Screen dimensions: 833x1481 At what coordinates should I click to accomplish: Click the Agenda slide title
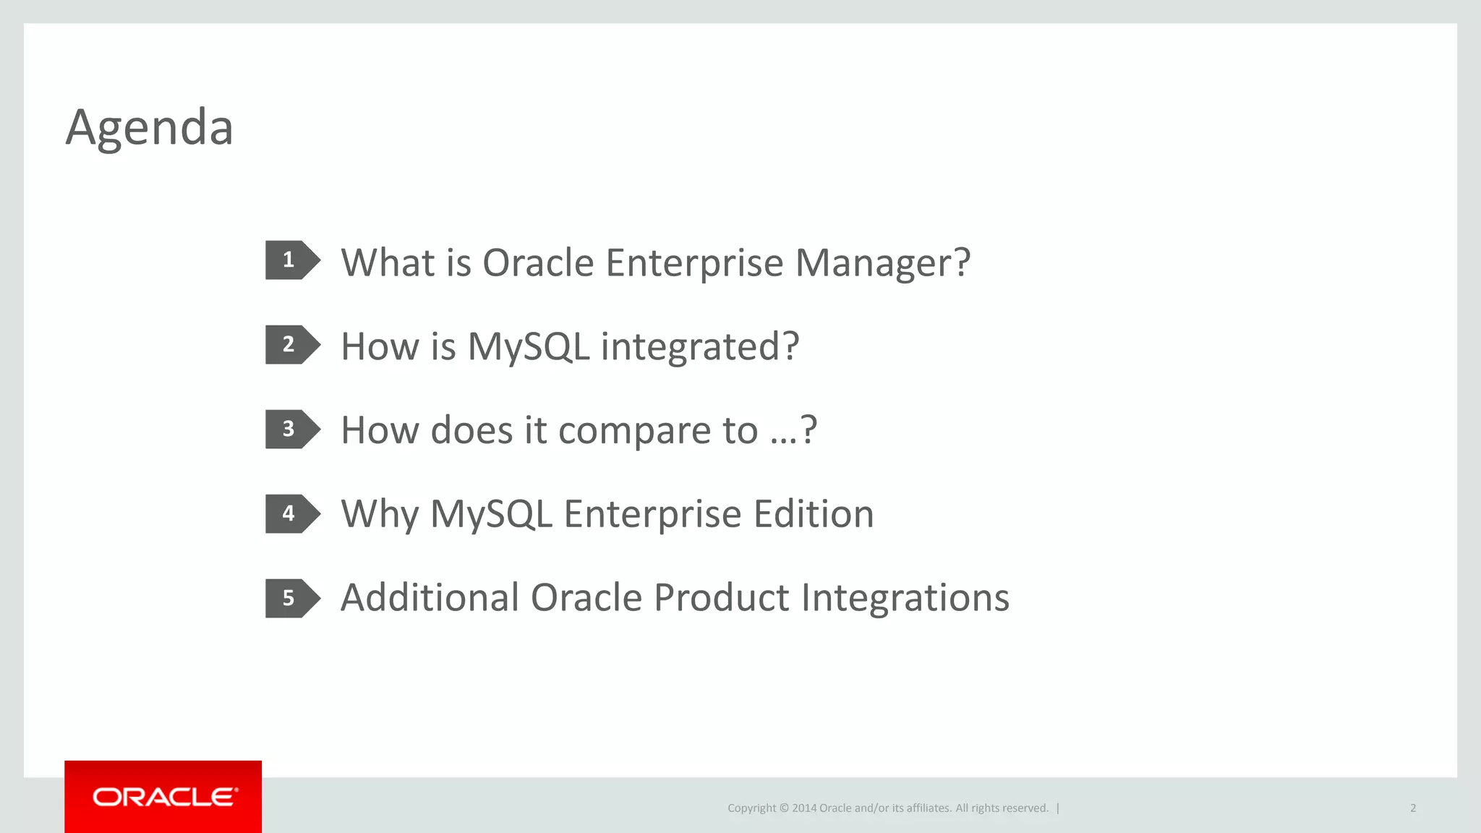tap(149, 127)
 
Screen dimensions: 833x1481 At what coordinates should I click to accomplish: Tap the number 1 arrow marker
tap(291, 260)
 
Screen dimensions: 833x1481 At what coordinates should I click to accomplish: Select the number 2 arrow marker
tap(291, 344)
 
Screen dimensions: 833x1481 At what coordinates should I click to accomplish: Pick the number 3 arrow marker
tap(291, 429)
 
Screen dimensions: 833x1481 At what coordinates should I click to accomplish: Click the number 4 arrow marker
tap(291, 513)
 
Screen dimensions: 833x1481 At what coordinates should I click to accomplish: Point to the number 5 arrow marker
tap(291, 598)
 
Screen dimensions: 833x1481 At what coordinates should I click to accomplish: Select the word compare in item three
tap(635, 432)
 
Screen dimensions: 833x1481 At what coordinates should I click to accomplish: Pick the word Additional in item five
tap(430, 598)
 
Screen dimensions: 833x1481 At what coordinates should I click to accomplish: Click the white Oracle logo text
tap(165, 797)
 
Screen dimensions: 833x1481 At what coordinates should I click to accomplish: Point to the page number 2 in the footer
tap(1412, 808)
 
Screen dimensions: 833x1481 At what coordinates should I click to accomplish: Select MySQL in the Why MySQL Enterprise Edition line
tap(491, 515)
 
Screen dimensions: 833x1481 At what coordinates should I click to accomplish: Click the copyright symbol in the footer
tap(783, 808)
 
